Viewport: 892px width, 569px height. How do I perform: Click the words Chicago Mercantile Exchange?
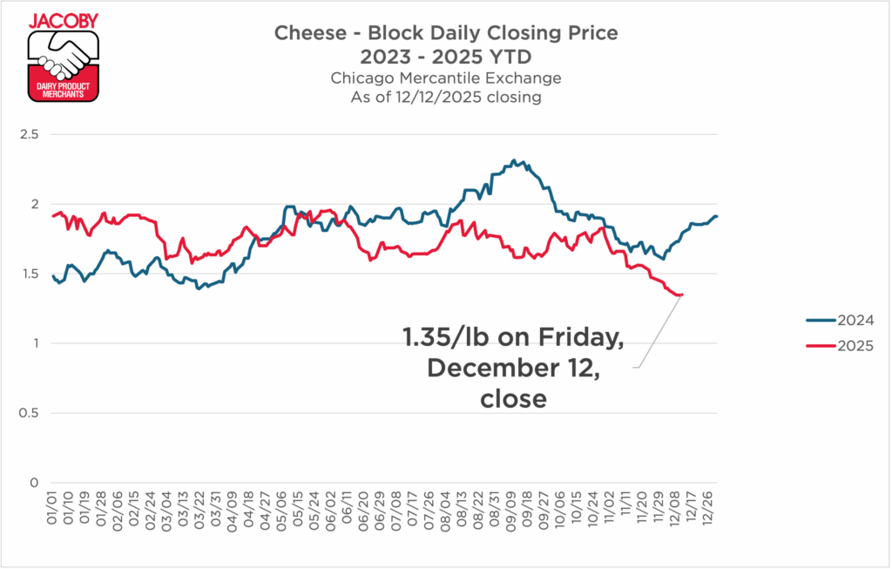445,78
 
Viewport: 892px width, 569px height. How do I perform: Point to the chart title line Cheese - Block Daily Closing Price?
445,34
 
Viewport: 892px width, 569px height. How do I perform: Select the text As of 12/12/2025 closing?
445,98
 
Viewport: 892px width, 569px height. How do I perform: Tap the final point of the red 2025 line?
681,295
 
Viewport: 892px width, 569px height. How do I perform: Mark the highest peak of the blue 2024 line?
514,160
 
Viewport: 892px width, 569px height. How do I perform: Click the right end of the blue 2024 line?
717,216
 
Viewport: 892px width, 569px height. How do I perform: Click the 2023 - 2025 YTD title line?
445,57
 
